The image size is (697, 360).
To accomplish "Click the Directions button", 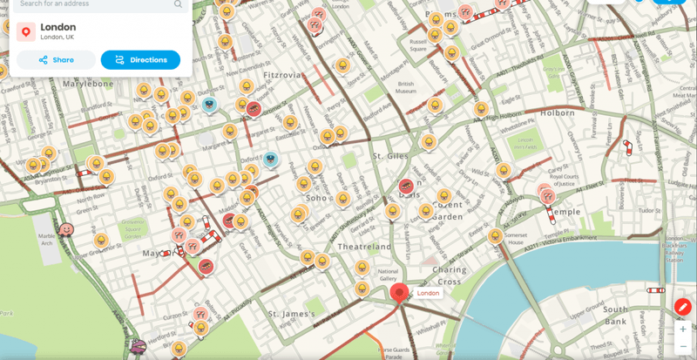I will tap(140, 60).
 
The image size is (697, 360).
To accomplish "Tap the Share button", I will tap(56, 60).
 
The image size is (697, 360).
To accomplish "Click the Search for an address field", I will tap(91, 4).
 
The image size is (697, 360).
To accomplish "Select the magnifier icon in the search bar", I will tap(179, 4).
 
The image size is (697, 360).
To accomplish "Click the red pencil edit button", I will tap(682, 307).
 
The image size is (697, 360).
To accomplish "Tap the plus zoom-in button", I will tap(682, 330).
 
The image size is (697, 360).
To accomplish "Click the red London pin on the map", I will tap(400, 294).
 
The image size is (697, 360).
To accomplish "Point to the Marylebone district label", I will tap(87, 84).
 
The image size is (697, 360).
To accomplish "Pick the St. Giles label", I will tap(391, 156).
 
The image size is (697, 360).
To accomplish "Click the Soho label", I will tap(316, 198).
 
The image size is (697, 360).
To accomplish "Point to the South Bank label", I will tap(615, 315).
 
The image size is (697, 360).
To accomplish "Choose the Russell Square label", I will tap(417, 44).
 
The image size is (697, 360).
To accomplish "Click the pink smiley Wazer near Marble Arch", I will tap(66, 230).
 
